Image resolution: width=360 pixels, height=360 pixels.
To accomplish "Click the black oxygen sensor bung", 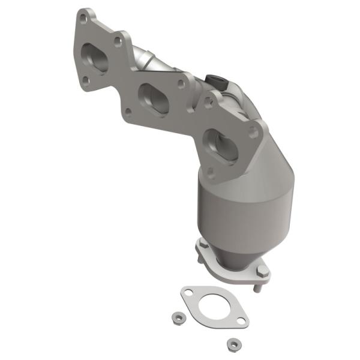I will coord(214,79).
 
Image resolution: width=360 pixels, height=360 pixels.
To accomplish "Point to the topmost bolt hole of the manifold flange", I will coord(83,19).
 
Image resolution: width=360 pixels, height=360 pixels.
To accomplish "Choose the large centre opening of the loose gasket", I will coord(213,305).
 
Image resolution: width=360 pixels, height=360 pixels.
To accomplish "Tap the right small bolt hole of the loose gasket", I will coord(238,322).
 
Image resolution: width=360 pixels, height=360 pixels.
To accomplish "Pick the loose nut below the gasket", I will coord(231,344).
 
